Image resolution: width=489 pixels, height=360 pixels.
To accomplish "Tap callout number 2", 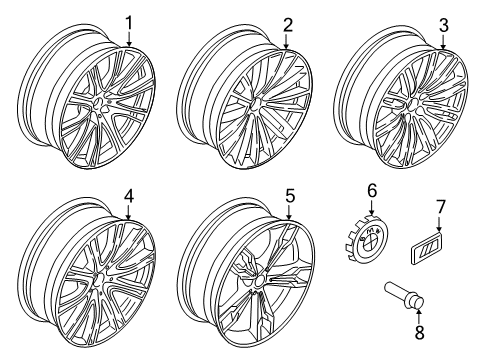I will pos(287,22).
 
